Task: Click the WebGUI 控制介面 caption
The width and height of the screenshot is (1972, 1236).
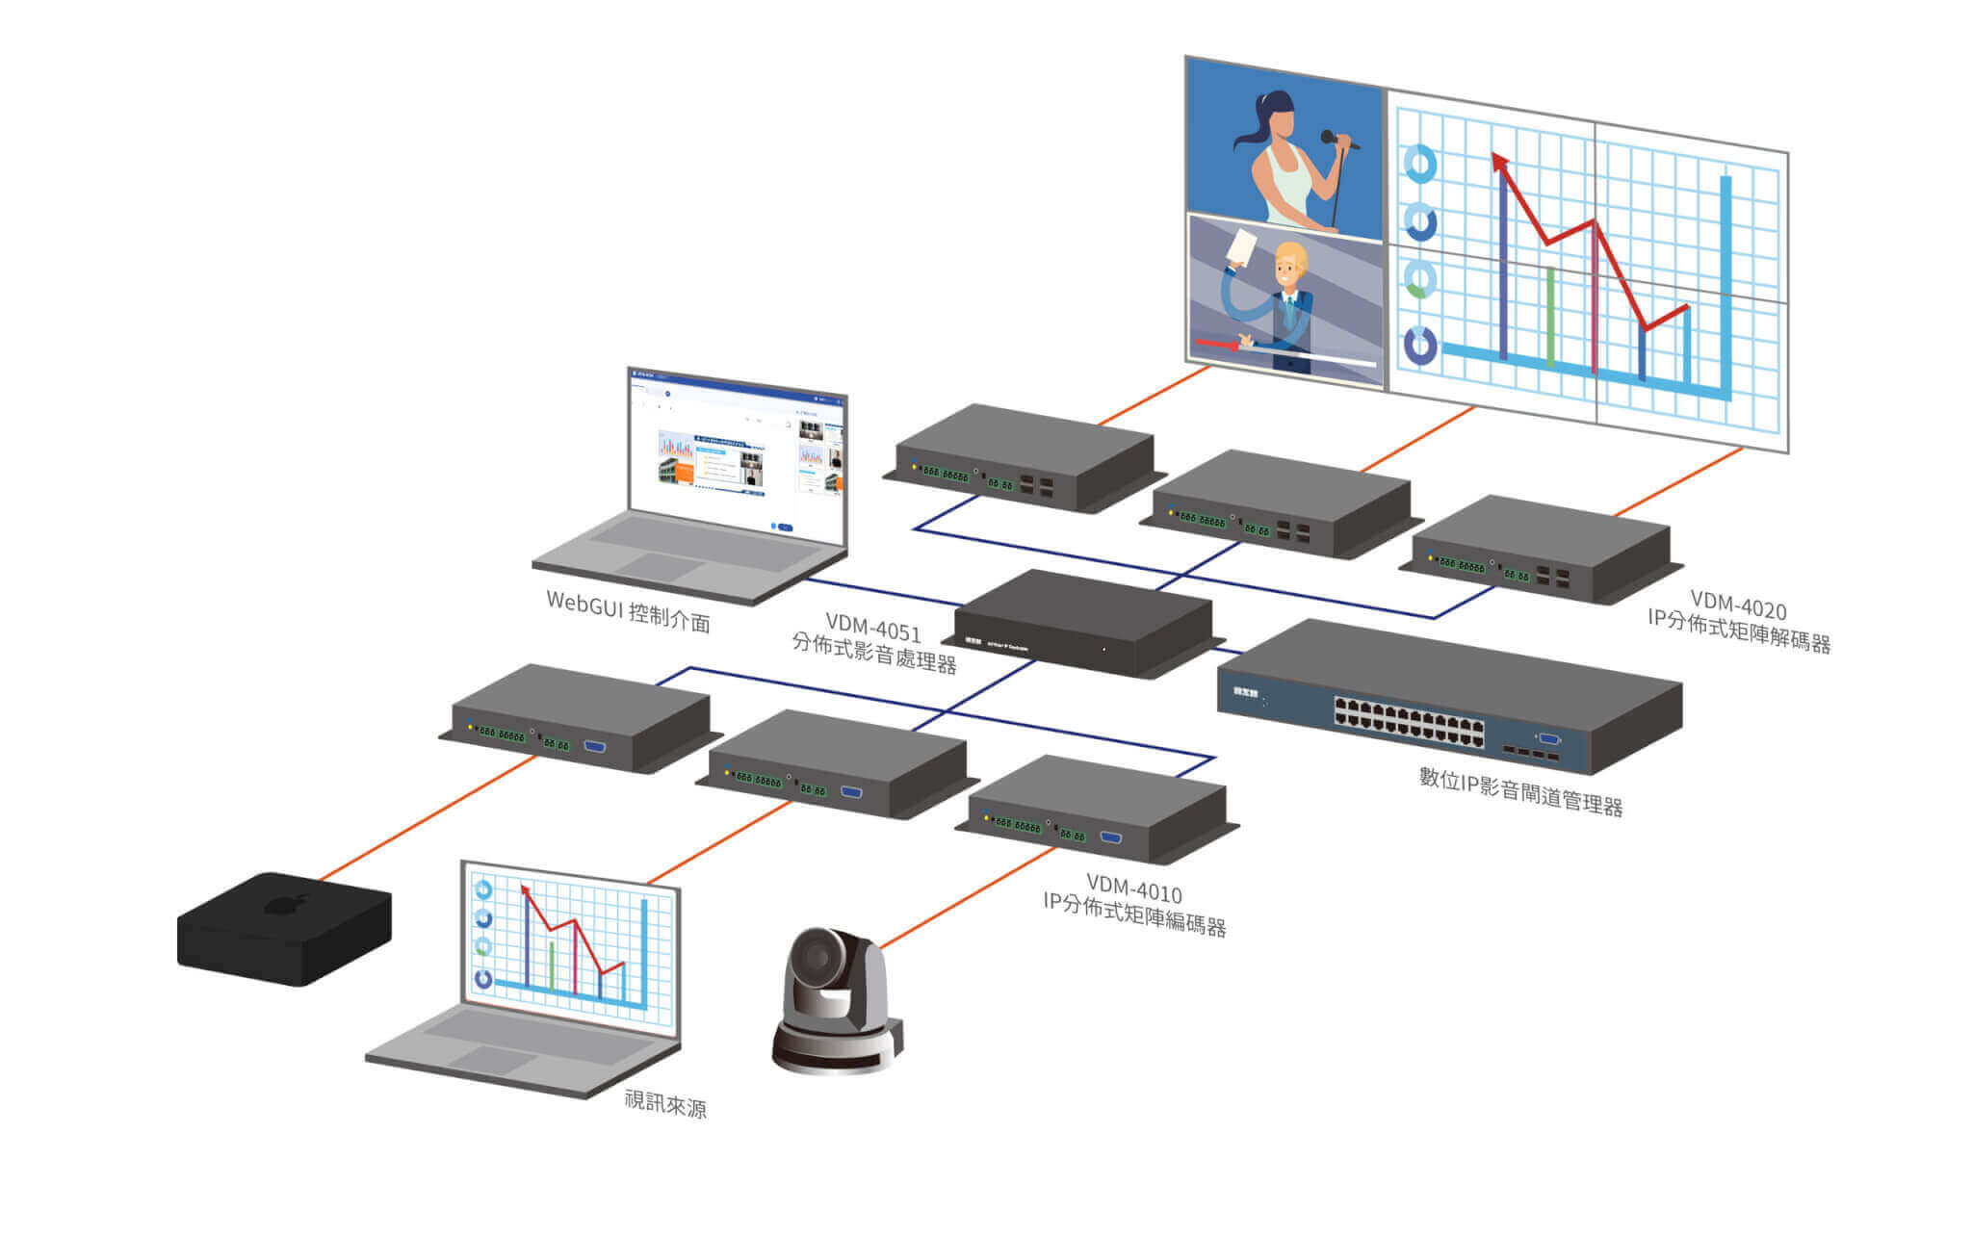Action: click(x=628, y=610)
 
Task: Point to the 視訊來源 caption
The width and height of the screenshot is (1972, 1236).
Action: click(x=665, y=1103)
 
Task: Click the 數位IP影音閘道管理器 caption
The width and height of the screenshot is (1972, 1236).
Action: click(x=1520, y=790)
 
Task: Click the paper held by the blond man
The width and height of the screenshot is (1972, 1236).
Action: click(x=1241, y=247)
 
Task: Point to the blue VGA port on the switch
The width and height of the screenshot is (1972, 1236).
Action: click(x=1549, y=738)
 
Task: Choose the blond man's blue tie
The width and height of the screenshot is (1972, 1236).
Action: click(x=1289, y=312)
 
